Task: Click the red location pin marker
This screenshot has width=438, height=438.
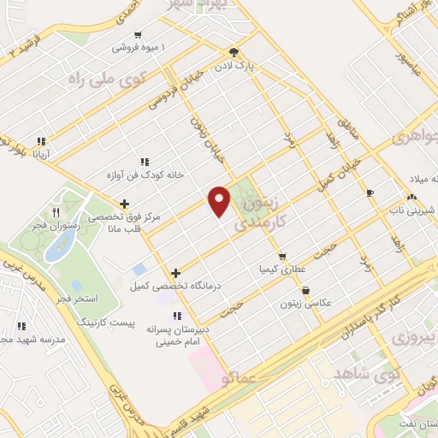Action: coord(220,200)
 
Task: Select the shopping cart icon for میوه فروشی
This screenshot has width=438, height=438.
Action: coord(138,35)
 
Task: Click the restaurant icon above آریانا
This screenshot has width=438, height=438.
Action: coord(39,141)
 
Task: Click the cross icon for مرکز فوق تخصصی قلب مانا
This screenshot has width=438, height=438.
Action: coord(126,204)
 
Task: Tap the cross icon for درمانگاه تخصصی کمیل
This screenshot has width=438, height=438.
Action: coord(176,274)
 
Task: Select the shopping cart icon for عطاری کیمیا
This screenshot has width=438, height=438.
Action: coord(281,256)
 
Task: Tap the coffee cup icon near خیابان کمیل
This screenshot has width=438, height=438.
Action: coord(370,192)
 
